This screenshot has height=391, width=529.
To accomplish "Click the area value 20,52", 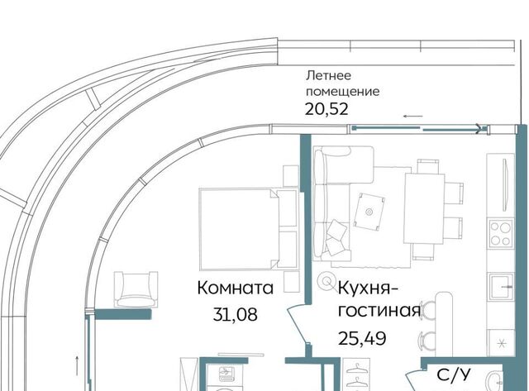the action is (x=326, y=109).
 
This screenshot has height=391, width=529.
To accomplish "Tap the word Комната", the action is (x=235, y=288).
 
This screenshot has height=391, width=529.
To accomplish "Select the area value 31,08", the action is (x=235, y=314).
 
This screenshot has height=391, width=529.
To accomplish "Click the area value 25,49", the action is (x=362, y=338).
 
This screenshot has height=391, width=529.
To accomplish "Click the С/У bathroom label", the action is (x=454, y=374).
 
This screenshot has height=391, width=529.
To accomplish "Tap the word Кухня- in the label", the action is (x=368, y=289).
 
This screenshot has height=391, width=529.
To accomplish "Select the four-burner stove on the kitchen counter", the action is (x=501, y=233).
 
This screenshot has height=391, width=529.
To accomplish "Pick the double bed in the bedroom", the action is (x=249, y=230).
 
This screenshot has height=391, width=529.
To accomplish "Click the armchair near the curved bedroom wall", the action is (x=136, y=289).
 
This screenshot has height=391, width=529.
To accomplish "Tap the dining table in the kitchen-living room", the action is (x=424, y=208).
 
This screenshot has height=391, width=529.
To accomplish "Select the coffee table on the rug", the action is (x=369, y=212).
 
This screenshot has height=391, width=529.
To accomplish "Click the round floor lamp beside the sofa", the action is (x=326, y=281).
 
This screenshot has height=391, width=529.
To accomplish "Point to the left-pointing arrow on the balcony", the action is (x=413, y=117).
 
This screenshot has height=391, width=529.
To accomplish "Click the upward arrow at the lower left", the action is (x=77, y=365).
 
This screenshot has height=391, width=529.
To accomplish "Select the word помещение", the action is (x=342, y=92).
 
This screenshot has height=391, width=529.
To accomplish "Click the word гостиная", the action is (x=379, y=311).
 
